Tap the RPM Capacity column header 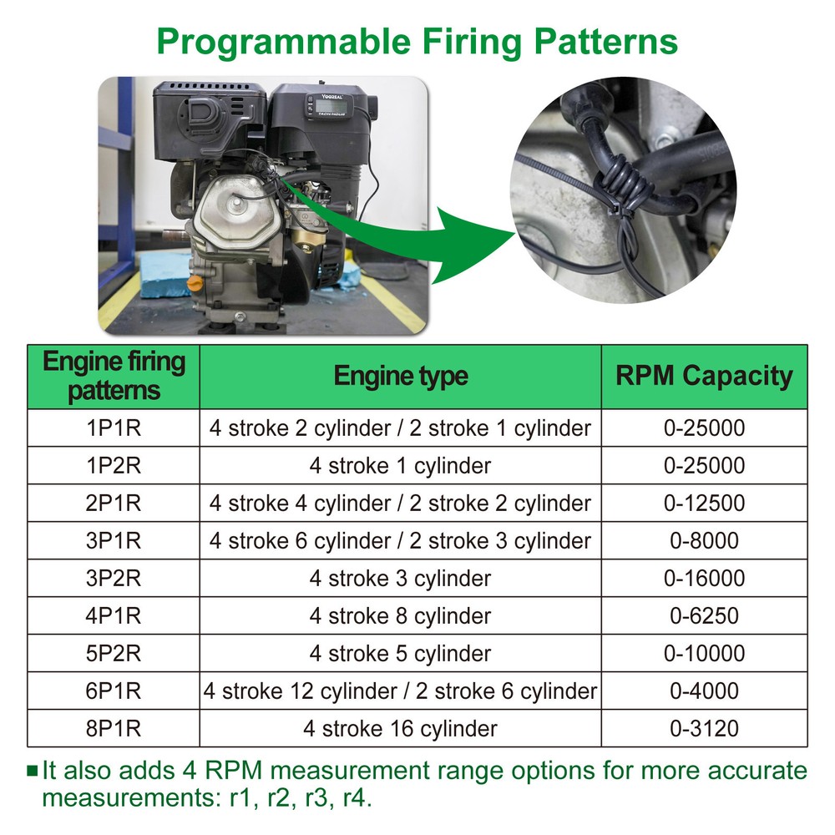[x=704, y=376]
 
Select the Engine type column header [x=401, y=376]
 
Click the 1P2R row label [x=114, y=465]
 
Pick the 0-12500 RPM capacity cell [x=704, y=503]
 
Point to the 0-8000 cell [x=704, y=540]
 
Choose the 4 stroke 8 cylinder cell [x=400, y=615]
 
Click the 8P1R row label [x=114, y=728]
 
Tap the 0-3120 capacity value [x=704, y=728]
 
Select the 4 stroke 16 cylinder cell [x=400, y=728]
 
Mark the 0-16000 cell [x=704, y=578]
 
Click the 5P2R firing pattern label [x=114, y=654]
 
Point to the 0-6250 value [x=704, y=615]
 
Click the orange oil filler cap [x=195, y=283]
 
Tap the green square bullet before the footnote [x=33, y=770]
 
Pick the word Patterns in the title [x=606, y=42]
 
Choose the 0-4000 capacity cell [x=704, y=691]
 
